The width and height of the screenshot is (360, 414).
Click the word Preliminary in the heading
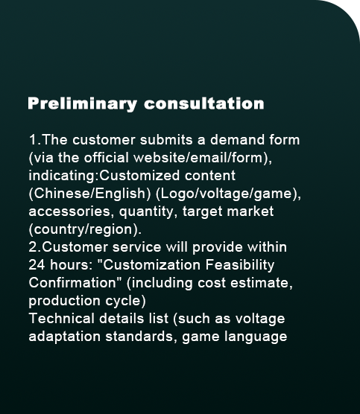pyautogui.click(x=82, y=103)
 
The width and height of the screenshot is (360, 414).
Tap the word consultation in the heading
pyautogui.click(x=204, y=103)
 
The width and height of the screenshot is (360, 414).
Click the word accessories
pyautogui.click(x=69, y=211)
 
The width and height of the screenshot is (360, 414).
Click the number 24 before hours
pyautogui.click(x=37, y=265)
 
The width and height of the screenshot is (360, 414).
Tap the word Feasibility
pyautogui.click(x=240, y=265)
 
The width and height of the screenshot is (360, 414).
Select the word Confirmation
pyautogui.click(x=72, y=283)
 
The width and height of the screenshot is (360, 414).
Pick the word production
pyautogui.click(x=64, y=302)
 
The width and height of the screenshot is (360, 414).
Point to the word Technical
pyautogui.click(x=62, y=319)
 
